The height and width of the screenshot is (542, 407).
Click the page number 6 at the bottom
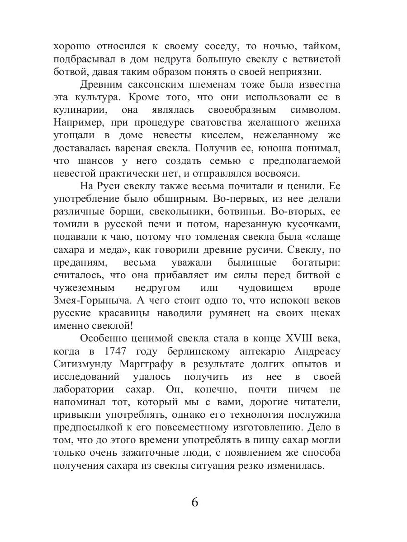(x=195, y=502)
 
